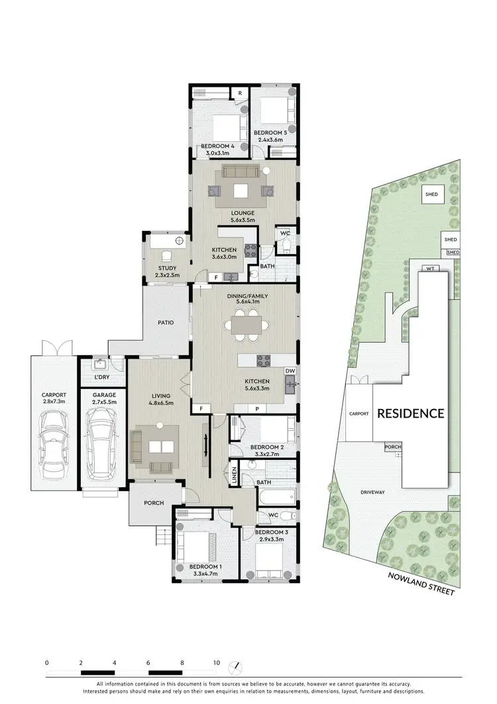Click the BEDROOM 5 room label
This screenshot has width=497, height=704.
[270, 133]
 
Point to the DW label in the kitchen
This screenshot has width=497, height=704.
[289, 371]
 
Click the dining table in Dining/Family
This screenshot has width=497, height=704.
[247, 325]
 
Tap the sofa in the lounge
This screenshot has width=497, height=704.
[242, 172]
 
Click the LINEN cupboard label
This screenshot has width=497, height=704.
[235, 475]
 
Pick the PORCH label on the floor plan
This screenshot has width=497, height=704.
[154, 502]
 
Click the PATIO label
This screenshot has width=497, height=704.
[166, 323]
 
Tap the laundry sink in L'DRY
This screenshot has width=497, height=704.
[101, 364]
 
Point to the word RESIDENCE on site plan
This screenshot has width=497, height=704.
[410, 414]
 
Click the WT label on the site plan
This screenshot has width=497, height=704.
[429, 268]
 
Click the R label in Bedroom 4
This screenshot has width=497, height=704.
[239, 92]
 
